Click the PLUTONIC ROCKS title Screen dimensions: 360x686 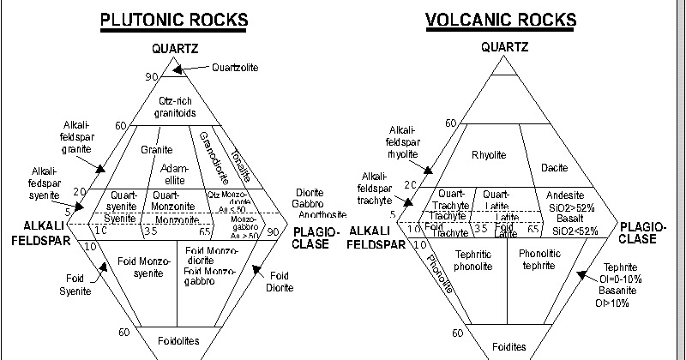(x=175, y=19)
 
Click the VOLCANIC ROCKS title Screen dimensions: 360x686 (x=503, y=19)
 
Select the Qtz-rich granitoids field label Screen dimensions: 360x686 (x=177, y=106)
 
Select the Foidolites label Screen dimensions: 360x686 (x=178, y=341)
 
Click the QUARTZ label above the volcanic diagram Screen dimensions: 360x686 (x=503, y=47)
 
